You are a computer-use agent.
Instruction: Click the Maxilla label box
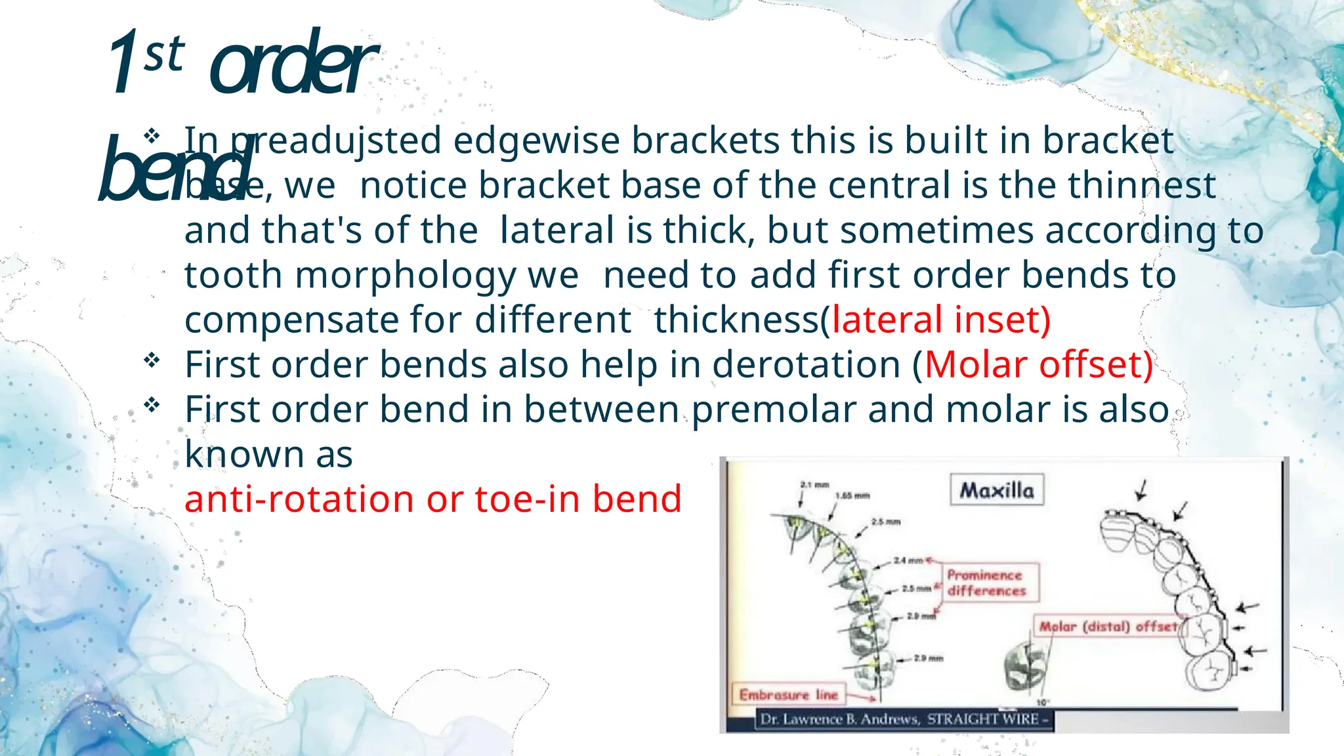[996, 490]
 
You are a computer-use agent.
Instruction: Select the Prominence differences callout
[986, 583]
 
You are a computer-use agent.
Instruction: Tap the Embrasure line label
[788, 695]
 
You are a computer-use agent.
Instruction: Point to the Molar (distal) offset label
[1108, 627]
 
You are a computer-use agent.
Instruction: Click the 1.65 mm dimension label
[852, 496]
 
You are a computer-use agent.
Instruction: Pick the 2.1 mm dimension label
[814, 485]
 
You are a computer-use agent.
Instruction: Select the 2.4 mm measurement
[908, 560]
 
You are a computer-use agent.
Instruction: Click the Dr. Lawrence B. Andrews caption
[899, 719]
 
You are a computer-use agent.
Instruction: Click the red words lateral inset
[940, 320]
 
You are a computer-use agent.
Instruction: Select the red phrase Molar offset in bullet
[1038, 365]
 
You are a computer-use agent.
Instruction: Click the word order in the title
[292, 66]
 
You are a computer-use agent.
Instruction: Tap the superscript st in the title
[164, 54]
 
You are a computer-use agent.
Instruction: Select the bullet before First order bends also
[152, 360]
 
